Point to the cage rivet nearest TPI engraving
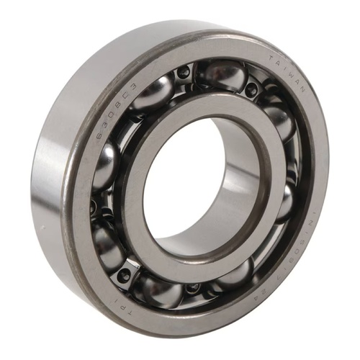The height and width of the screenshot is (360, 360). point(127,273)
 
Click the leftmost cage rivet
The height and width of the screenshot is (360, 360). point(93,208)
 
